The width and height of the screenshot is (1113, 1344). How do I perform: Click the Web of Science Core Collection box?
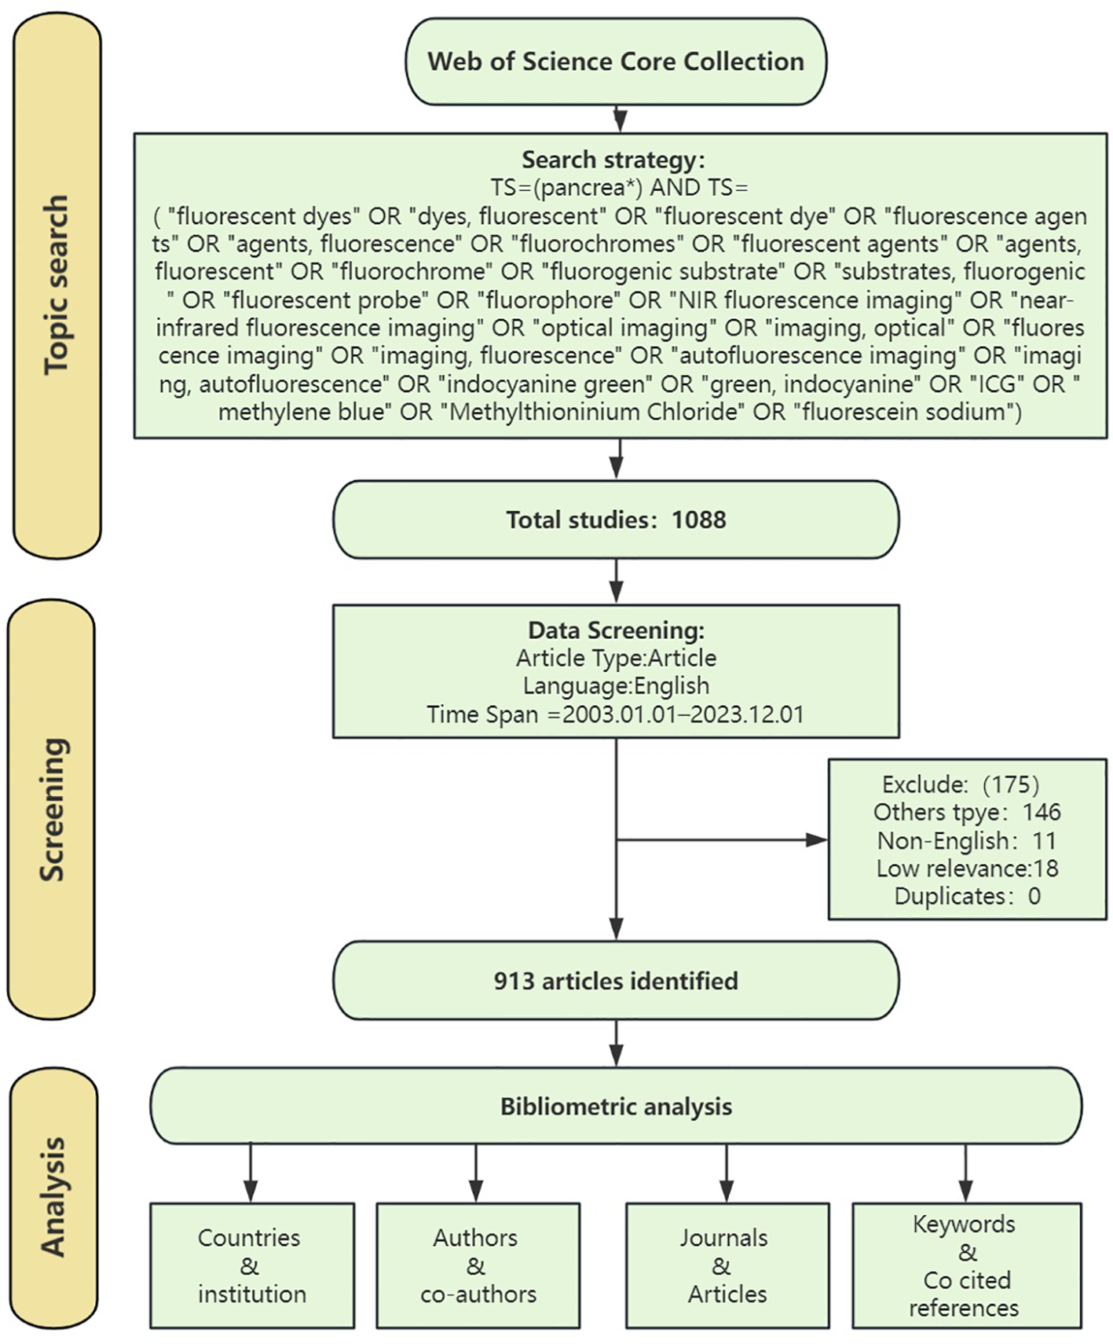click(615, 61)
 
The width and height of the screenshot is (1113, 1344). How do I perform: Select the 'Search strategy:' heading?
click(613, 160)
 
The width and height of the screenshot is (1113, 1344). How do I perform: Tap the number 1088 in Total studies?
click(699, 520)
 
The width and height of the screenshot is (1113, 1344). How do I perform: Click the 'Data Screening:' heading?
click(616, 630)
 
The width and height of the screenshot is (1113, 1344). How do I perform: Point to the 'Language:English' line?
click(616, 685)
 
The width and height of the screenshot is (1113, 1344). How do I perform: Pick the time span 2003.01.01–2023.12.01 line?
click(616, 714)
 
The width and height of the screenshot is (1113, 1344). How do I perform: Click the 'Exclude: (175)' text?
click(960, 784)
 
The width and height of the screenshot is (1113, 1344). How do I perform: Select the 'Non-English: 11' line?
click(966, 840)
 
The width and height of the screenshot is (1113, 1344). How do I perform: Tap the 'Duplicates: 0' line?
click(966, 896)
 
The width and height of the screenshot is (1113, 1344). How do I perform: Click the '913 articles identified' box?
click(616, 981)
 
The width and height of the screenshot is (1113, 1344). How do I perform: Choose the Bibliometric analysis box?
click(616, 1106)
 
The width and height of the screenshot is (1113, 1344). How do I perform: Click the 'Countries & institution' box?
click(251, 1265)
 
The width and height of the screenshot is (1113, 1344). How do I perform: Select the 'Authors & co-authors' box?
click(478, 1265)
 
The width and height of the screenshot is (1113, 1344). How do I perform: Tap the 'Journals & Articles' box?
click(727, 1265)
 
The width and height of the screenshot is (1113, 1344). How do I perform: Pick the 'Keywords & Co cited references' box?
click(965, 1265)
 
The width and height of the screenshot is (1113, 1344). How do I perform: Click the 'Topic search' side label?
click(56, 285)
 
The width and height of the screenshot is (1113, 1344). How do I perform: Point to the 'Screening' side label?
click(52, 810)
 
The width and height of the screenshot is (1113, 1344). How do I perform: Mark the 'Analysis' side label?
click(53, 1196)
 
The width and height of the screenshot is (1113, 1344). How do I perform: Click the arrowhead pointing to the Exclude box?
click(817, 839)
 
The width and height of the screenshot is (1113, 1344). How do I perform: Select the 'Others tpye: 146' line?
click(966, 812)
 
